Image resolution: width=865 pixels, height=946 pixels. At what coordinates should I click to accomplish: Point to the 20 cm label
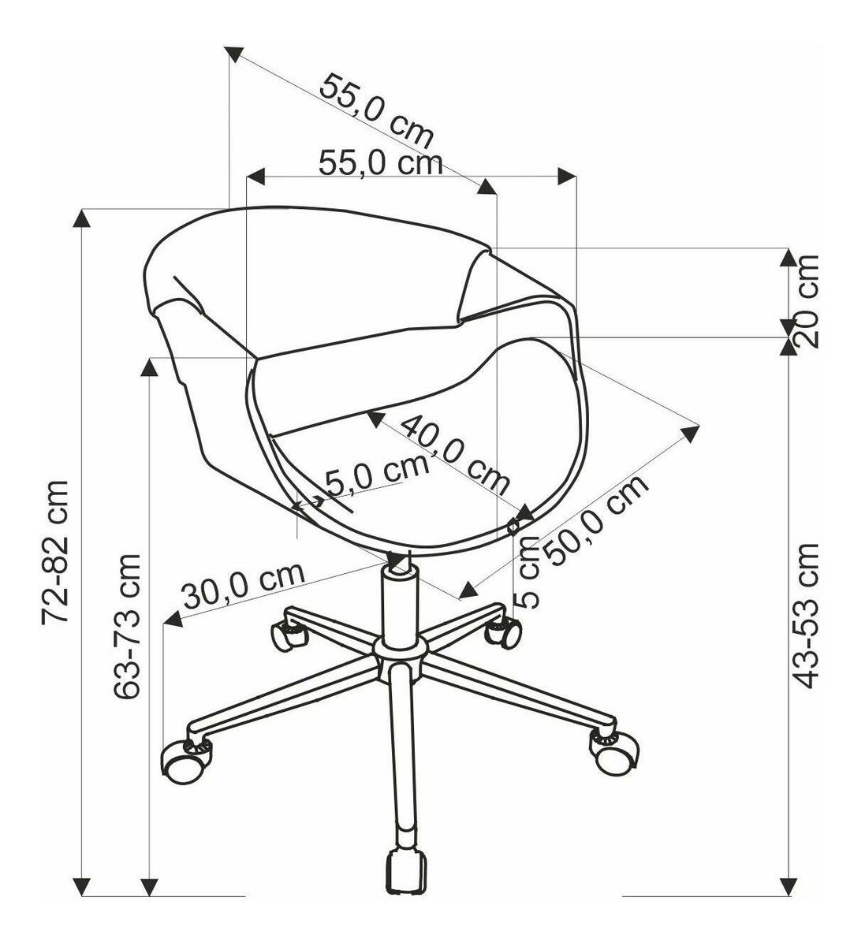pos(807,301)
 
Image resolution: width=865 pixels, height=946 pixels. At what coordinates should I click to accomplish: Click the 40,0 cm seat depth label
pos(456,456)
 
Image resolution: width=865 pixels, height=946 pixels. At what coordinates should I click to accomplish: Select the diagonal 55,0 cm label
pos(376,111)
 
